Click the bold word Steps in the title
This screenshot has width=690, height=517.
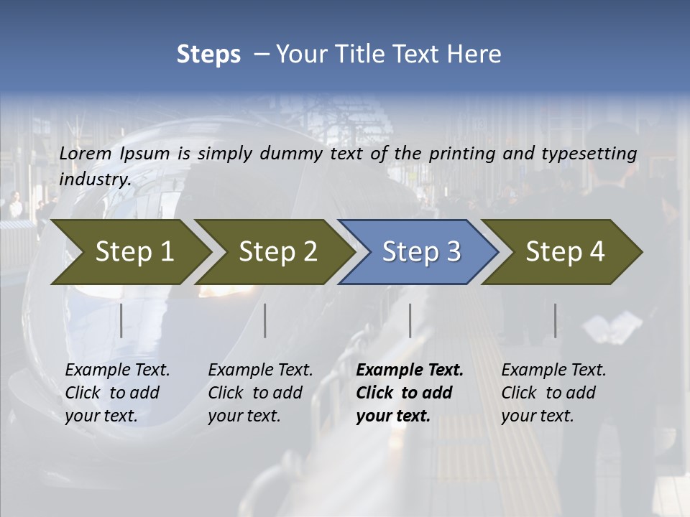tap(208, 54)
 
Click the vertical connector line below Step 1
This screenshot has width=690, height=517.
tap(121, 320)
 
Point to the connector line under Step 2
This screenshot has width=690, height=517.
tap(265, 320)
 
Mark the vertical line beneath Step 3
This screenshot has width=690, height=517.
tap(410, 320)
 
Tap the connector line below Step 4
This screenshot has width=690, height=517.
tap(555, 320)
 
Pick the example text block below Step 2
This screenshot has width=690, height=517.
tap(260, 392)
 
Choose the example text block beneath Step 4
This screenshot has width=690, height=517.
tap(553, 392)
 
